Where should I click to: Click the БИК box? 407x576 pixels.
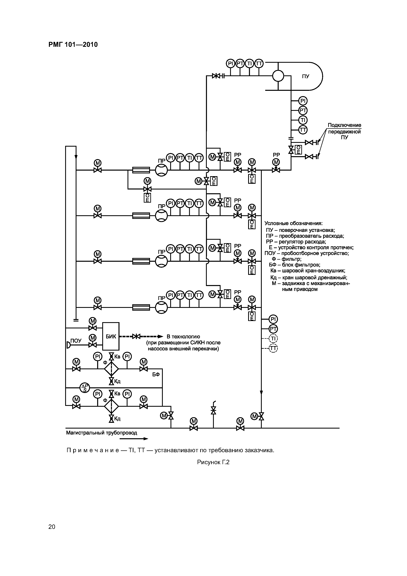click(111, 336)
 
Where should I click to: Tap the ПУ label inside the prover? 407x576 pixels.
click(305, 76)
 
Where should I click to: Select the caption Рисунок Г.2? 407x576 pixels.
click(213, 462)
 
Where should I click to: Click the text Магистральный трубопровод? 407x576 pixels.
click(102, 433)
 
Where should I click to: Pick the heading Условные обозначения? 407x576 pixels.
click(294, 223)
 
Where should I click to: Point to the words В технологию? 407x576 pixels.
click(183, 337)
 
